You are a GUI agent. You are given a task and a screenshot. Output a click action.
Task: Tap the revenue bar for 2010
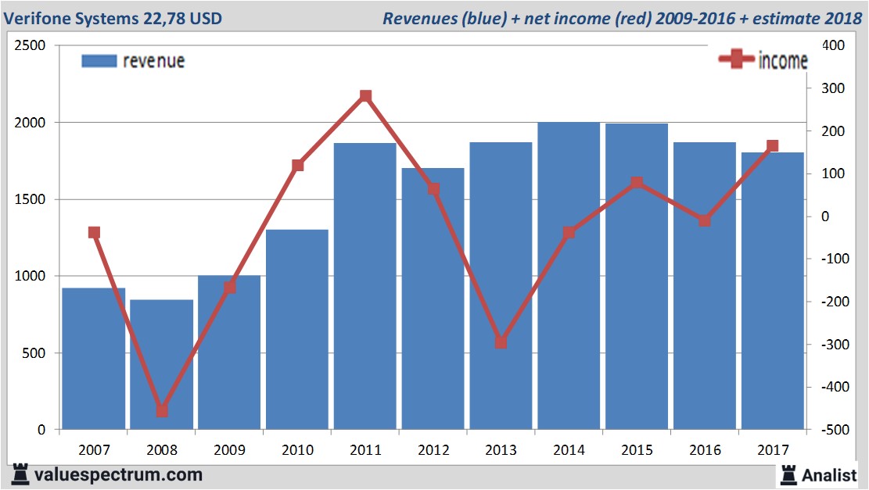297,329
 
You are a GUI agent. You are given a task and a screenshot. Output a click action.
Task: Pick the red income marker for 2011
365,96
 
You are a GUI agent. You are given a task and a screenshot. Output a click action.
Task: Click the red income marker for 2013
501,342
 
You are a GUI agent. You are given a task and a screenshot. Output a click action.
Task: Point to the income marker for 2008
162,410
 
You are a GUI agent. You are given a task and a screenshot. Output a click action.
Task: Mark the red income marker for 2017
773,146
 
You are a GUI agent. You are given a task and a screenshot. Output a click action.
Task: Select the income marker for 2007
95,232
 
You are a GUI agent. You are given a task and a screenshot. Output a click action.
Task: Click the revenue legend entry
133,61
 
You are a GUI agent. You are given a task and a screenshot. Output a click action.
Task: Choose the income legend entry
763,61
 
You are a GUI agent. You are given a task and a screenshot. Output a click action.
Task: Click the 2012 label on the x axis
433,450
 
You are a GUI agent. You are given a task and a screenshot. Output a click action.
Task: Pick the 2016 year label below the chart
705,450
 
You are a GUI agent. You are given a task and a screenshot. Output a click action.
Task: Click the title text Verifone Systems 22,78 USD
113,17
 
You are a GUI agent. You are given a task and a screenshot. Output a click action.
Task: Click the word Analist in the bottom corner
829,474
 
